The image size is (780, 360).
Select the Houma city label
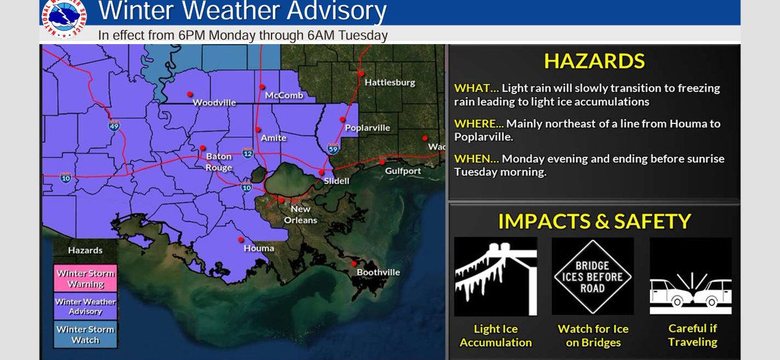click(x=259, y=248)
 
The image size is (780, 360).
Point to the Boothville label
click(x=378, y=272)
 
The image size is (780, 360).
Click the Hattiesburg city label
click(x=389, y=83)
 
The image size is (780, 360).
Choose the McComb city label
click(x=284, y=96)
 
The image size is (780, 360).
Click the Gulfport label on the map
click(x=402, y=171)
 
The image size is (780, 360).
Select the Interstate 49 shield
click(x=114, y=126)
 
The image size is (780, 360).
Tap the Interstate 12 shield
click(x=248, y=153)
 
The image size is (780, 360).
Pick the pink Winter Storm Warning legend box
click(x=85, y=278)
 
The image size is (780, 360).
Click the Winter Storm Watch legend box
click(x=85, y=334)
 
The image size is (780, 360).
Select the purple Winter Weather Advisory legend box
click(x=85, y=306)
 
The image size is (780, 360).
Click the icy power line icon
click(x=495, y=276)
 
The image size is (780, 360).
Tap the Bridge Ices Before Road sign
click(x=593, y=276)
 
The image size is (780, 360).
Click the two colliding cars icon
click(x=690, y=276)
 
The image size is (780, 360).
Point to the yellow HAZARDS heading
click(x=594, y=61)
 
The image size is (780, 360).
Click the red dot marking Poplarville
click(x=342, y=120)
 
